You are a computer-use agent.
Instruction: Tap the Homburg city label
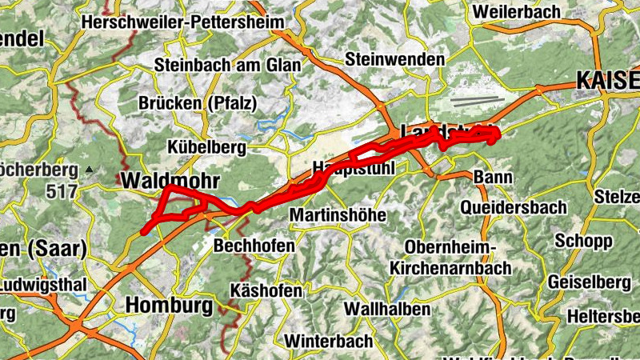169,306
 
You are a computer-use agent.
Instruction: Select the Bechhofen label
254,246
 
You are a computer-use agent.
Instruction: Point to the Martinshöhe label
338,215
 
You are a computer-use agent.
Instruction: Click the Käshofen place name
266,290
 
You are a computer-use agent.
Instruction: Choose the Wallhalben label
387,308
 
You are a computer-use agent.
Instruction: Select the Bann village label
487,176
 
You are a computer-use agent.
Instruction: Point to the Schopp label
583,241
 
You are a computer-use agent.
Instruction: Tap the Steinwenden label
394,60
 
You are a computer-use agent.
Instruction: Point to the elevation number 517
62,191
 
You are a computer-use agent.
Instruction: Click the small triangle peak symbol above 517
90,170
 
